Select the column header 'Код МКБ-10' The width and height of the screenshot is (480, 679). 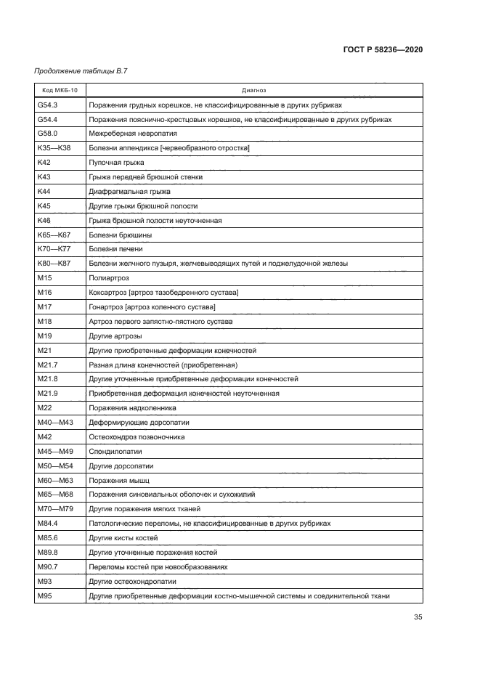pos(60,91)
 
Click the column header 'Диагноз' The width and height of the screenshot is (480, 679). pos(253,91)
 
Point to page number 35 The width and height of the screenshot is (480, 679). pos(418,618)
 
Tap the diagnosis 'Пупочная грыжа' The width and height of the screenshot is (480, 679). pos(113,163)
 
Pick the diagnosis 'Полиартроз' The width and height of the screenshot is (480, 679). pos(107,278)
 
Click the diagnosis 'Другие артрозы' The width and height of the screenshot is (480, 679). pos(115,336)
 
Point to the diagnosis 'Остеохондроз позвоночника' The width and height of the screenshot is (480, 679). pos(137,436)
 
